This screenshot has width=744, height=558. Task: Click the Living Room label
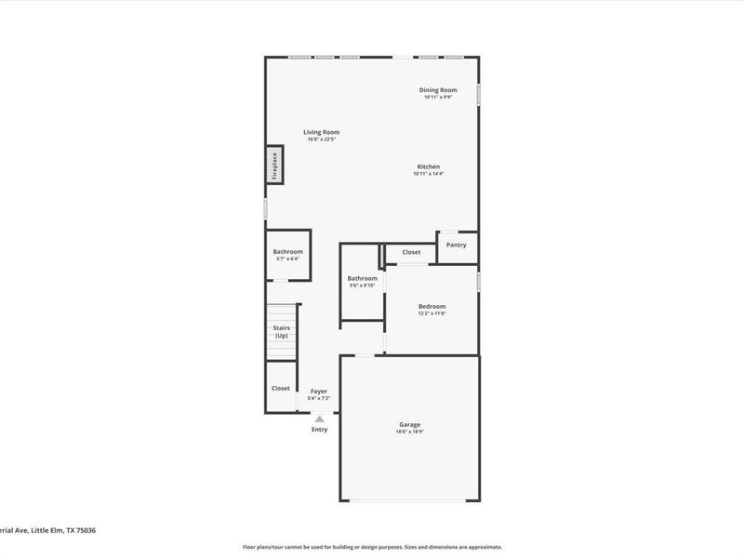[x=321, y=132]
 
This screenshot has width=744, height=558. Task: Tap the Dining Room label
[x=437, y=90]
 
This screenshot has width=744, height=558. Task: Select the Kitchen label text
[x=428, y=166]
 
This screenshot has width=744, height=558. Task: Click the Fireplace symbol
[x=275, y=165]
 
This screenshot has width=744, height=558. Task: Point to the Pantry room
[x=456, y=246]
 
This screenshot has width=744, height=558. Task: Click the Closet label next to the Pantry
[x=411, y=252]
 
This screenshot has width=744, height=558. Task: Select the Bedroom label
[x=432, y=306]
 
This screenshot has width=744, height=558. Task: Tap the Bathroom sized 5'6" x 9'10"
[x=362, y=279]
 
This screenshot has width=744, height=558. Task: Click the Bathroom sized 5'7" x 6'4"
[x=287, y=252]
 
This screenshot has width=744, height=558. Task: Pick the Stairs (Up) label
[x=281, y=331]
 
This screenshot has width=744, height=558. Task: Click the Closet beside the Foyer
[x=280, y=388]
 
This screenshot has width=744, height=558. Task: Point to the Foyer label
[x=319, y=392]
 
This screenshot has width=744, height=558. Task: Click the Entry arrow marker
[x=319, y=419]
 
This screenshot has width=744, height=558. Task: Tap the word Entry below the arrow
[x=319, y=429]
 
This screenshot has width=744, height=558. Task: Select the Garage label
[x=410, y=424]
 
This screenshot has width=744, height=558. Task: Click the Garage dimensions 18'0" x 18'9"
[x=410, y=432]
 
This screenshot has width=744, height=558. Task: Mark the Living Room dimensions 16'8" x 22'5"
[x=321, y=139]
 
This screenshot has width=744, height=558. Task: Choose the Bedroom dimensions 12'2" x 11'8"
[x=432, y=313]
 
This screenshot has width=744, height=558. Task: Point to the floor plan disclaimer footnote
[x=372, y=547]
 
